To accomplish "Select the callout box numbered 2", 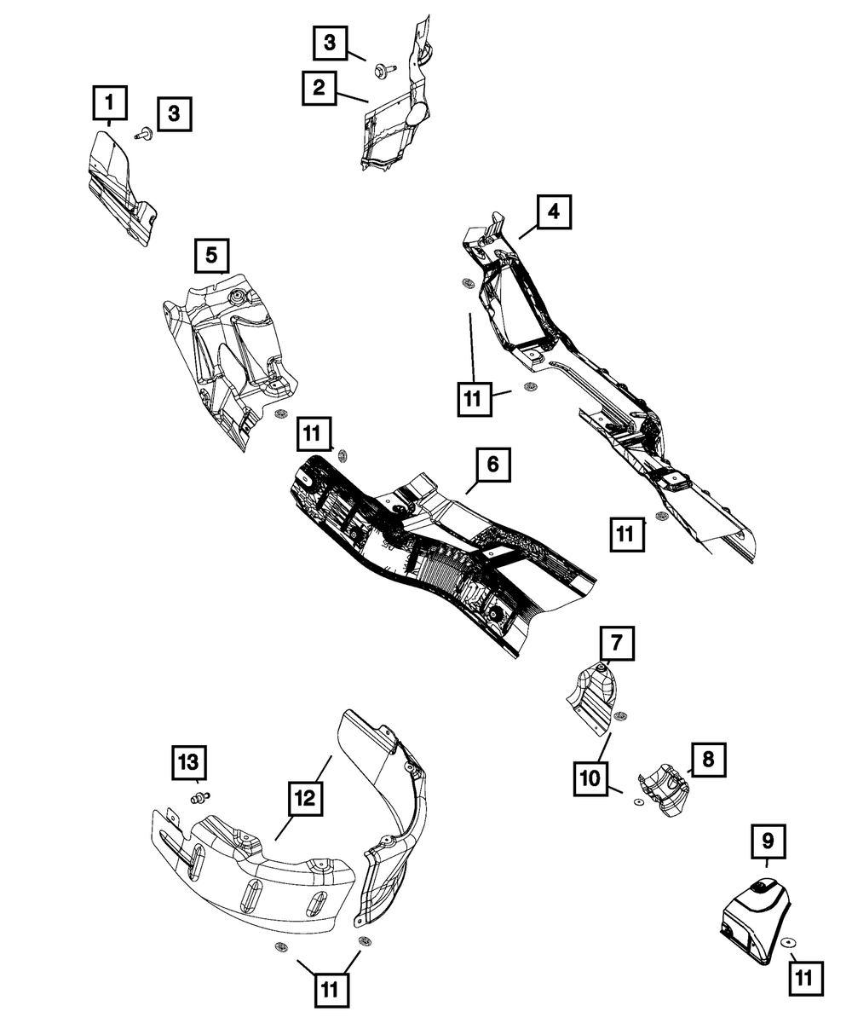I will [x=319, y=87].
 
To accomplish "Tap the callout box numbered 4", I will [x=554, y=211].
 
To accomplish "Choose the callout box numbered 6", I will [x=492, y=465].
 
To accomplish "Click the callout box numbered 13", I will [x=192, y=761].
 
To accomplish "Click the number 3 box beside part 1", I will [x=174, y=113].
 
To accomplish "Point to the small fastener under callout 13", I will [x=200, y=798].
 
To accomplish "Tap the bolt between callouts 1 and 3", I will [x=142, y=133].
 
